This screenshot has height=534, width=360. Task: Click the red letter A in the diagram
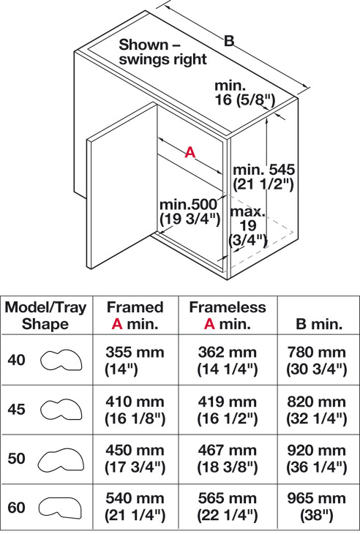tap(190, 152)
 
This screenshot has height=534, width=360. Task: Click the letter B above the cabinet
tap(229, 41)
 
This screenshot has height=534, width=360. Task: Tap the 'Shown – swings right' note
tap(162, 52)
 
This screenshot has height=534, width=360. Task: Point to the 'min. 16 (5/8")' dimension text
tap(244, 93)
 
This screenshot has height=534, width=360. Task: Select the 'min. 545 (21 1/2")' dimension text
tap(263, 177)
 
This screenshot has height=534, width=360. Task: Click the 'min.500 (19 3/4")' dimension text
tap(190, 211)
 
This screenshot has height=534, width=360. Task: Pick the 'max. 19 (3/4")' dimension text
tap(247, 226)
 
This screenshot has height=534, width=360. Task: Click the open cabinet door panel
tap(122, 186)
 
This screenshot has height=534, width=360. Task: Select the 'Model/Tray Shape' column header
tap(45, 315)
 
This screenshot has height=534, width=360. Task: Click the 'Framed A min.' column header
tap(135, 315)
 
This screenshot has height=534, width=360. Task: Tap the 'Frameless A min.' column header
tap(228, 315)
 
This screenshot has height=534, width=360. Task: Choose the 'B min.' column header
tap(319, 324)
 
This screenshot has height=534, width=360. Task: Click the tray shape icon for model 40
tap(61, 360)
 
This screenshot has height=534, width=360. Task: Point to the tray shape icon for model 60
tap(60, 508)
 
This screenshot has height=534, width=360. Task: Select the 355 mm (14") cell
tap(135, 361)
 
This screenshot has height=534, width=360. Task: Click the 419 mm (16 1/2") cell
tap(228, 410)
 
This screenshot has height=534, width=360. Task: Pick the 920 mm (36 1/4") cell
tap(317, 459)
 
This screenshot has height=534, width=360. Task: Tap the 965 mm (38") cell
tap(317, 507)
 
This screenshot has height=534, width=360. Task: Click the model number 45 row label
tap(16, 409)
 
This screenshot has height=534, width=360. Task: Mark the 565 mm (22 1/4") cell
tap(228, 507)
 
